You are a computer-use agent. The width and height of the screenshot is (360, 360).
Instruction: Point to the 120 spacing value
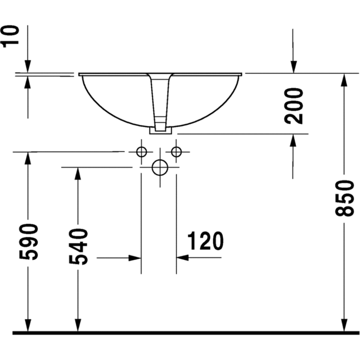pos(205,240)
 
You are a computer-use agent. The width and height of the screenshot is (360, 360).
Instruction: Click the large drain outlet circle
pos(160,168)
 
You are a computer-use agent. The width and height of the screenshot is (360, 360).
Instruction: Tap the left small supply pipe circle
pos(141,152)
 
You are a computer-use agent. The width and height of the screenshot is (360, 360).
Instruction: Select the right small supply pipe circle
pos(176,152)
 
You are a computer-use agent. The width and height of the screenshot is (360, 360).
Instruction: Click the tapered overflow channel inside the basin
pos(161,98)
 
